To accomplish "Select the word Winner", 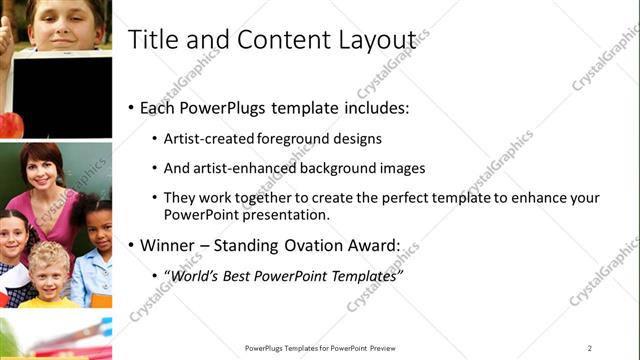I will pyautogui.click(x=170, y=244).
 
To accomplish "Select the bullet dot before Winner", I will pyautogui.click(x=131, y=244).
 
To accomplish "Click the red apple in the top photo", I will pyautogui.click(x=11, y=125).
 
